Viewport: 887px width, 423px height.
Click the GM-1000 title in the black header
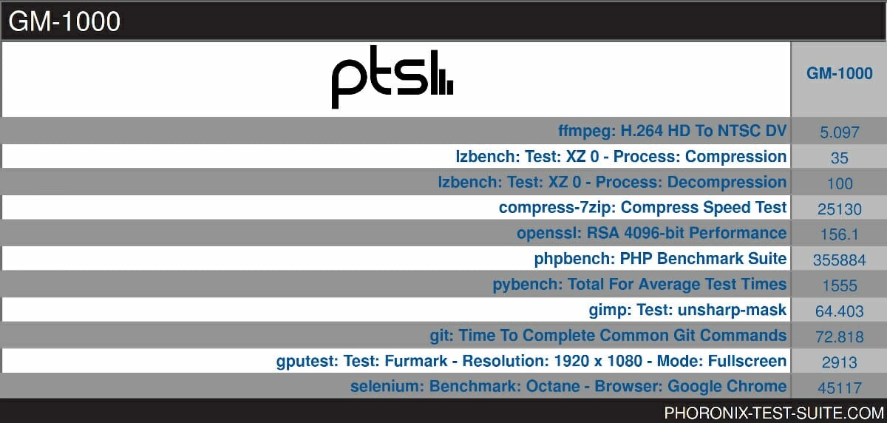pyautogui.click(x=64, y=21)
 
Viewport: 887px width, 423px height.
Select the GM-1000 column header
pyautogui.click(x=840, y=73)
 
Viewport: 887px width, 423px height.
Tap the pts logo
pyautogui.click(x=392, y=77)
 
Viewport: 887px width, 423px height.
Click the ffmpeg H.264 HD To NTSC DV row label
pyautogui.click(x=673, y=131)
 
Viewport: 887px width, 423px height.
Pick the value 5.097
pyautogui.click(x=840, y=132)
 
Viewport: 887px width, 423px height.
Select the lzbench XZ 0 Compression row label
pyautogui.click(x=621, y=157)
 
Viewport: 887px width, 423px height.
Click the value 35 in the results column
pyautogui.click(x=840, y=158)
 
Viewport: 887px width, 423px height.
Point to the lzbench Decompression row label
pyautogui.click(x=612, y=182)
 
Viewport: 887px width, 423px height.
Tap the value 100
pyautogui.click(x=840, y=184)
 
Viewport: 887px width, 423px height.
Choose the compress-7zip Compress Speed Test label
pyautogui.click(x=642, y=208)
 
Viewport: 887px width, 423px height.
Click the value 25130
pyautogui.click(x=840, y=209)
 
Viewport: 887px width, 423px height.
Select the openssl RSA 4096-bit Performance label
pyautogui.click(x=652, y=233)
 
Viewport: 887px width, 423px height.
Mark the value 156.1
pyautogui.click(x=840, y=234)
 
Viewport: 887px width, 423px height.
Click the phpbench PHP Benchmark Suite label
pyautogui.click(x=661, y=259)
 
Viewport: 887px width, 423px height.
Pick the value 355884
pyautogui.click(x=840, y=260)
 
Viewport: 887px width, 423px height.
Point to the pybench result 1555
pyautogui.click(x=840, y=285)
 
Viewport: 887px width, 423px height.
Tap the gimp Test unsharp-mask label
pyautogui.click(x=688, y=310)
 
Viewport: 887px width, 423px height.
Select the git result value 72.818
pyautogui.click(x=840, y=337)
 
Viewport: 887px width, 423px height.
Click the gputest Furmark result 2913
pyautogui.click(x=840, y=362)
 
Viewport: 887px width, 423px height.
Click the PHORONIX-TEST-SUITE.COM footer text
pyautogui.click(x=774, y=413)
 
